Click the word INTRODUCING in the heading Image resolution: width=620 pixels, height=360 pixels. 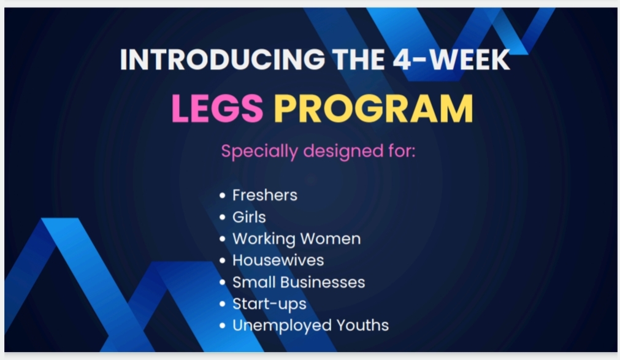222,59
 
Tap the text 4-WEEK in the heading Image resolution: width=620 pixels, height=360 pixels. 451,59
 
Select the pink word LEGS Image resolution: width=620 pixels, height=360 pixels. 218,109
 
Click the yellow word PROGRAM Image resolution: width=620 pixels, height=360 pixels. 373,109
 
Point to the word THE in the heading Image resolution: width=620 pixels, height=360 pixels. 358,59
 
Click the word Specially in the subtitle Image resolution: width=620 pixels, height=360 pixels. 259,151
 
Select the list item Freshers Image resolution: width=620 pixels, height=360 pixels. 264,195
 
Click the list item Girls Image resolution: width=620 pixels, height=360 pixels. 249,216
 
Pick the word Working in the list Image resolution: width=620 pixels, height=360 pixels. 264,239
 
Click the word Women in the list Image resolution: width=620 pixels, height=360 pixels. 331,239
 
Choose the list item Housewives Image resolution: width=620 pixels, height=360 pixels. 278,260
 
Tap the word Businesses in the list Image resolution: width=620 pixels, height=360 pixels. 329,282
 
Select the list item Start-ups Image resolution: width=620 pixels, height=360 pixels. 269,304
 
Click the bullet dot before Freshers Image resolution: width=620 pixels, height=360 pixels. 222,196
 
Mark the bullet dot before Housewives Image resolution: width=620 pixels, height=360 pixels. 222,261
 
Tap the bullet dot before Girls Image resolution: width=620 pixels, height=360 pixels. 222,217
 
